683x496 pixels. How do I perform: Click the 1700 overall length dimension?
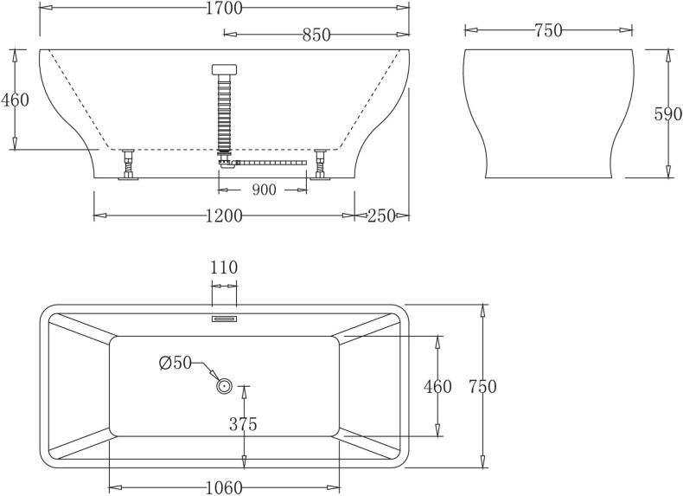[224, 9]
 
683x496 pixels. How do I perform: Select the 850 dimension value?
[316, 35]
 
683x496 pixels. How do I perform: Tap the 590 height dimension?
[667, 114]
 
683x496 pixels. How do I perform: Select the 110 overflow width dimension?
[223, 267]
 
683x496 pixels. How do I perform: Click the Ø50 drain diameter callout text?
[176, 364]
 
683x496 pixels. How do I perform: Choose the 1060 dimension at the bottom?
[224, 487]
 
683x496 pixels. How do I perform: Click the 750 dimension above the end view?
[548, 31]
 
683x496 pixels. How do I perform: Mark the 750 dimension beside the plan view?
[481, 387]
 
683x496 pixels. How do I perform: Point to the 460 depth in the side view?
[15, 100]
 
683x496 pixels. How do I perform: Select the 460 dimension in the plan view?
[437, 387]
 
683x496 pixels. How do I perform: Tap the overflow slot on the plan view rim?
[224, 318]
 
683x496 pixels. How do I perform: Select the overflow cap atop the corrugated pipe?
[224, 70]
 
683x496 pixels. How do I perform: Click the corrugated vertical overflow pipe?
[224, 113]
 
